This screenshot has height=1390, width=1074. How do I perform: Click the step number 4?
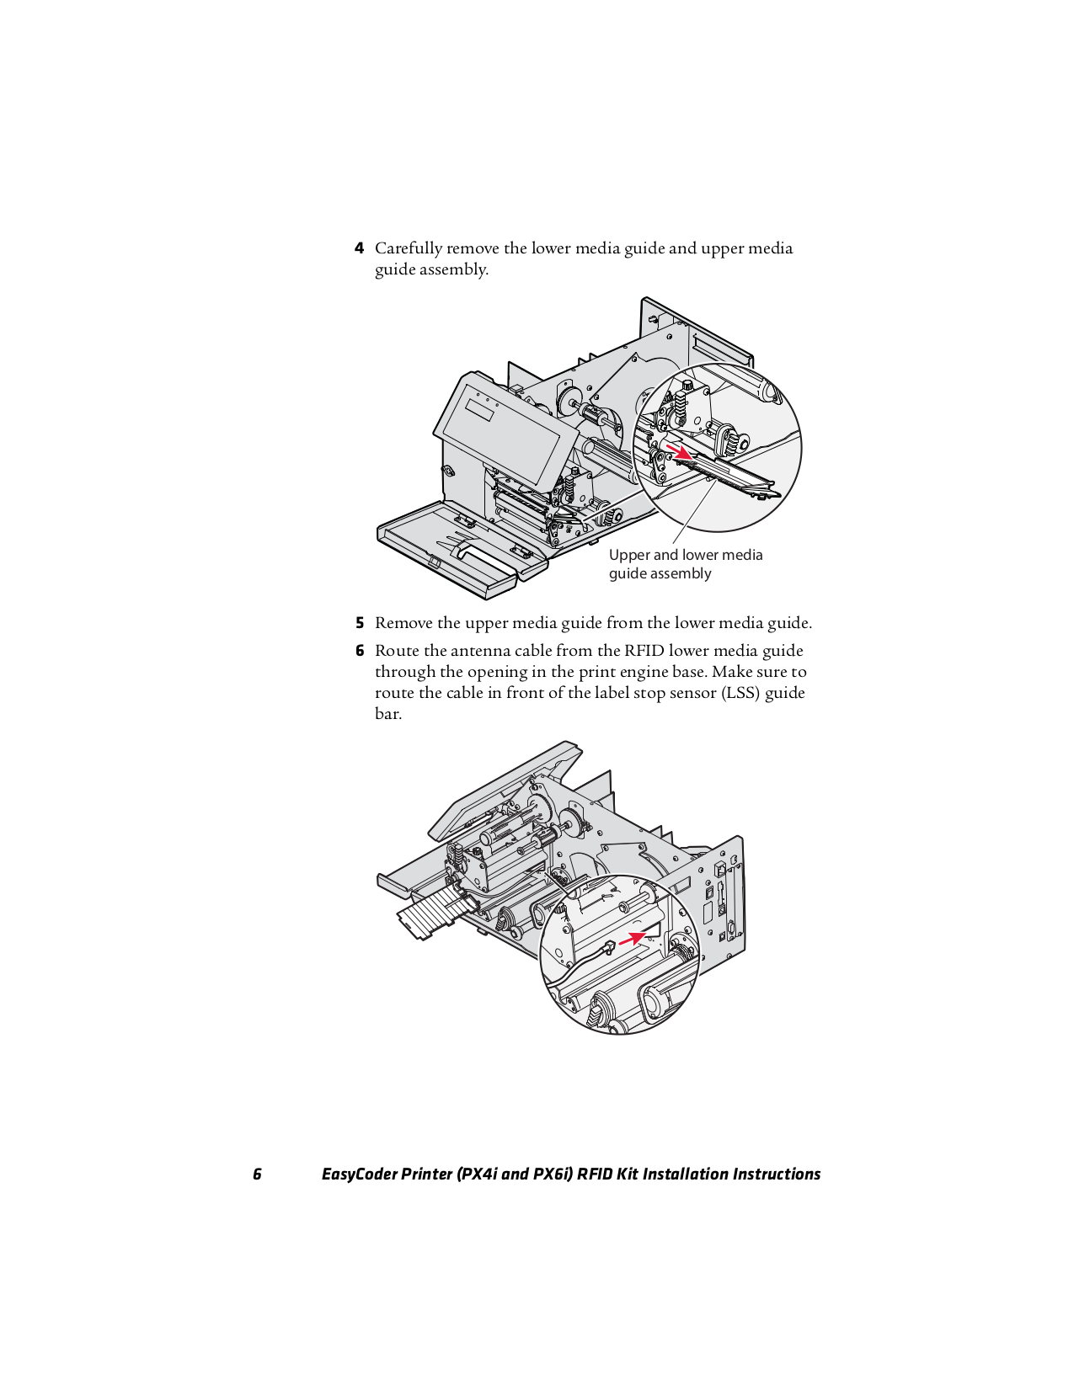coord(359,248)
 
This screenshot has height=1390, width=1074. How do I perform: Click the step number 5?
coord(359,623)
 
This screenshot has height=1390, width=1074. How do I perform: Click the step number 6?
coord(359,651)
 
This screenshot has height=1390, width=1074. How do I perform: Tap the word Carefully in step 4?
coord(408,248)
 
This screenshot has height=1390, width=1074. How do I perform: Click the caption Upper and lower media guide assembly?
coord(685,564)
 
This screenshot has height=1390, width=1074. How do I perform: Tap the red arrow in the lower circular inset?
coord(633,938)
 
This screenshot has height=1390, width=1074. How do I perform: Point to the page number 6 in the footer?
coord(257,1174)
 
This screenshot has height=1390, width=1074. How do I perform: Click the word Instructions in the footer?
coord(776,1174)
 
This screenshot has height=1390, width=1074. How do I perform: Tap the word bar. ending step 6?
coord(387,714)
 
